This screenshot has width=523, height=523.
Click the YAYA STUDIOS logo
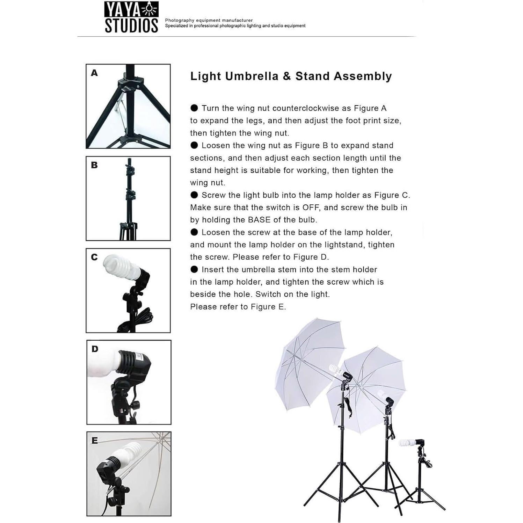tap(131, 17)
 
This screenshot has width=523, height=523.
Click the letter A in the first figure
tap(94, 73)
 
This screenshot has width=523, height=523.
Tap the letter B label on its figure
tap(94, 165)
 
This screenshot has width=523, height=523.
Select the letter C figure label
tap(94, 257)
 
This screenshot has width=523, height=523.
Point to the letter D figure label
tap(95, 349)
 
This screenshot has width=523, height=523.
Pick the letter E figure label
tap(95, 441)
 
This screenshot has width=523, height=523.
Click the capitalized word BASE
tap(259, 220)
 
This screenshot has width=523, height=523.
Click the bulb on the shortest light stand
tap(406, 443)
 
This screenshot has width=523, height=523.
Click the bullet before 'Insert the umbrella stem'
tap(194, 269)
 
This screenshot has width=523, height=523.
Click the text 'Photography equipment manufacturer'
tap(209, 20)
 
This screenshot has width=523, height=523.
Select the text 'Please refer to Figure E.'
tap(238, 307)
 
